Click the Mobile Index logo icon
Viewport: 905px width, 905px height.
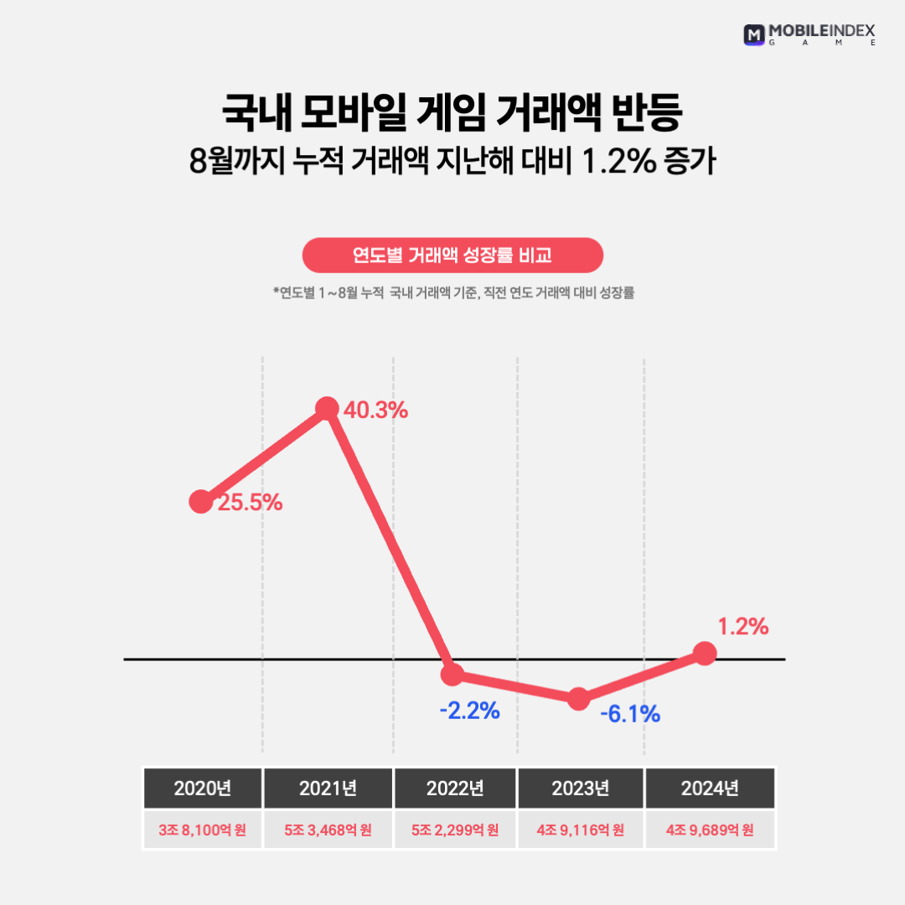tap(754, 34)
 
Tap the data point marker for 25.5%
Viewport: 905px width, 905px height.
tap(201, 502)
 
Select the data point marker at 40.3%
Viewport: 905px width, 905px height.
tap(328, 409)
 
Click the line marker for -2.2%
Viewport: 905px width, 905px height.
tap(452, 674)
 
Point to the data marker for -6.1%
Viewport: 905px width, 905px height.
tap(579, 699)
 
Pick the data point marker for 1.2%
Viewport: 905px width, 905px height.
tap(706, 654)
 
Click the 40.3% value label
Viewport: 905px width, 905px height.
tap(375, 411)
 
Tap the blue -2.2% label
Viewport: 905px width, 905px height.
tap(469, 711)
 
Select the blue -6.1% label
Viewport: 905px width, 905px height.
tap(630, 715)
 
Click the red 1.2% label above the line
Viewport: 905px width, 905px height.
tap(742, 626)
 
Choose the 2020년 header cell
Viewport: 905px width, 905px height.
tap(202, 789)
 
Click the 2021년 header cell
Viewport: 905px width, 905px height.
tap(328, 789)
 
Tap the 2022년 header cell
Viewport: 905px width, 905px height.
tap(455, 789)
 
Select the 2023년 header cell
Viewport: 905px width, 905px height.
tap(581, 789)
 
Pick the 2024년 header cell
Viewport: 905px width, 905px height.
tap(710, 789)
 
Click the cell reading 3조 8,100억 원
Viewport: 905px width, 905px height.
tap(202, 830)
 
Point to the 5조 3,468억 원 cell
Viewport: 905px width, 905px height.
tap(328, 830)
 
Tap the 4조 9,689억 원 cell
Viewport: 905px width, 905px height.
tap(710, 830)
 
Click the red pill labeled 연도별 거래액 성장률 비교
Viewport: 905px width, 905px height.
tap(452, 256)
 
